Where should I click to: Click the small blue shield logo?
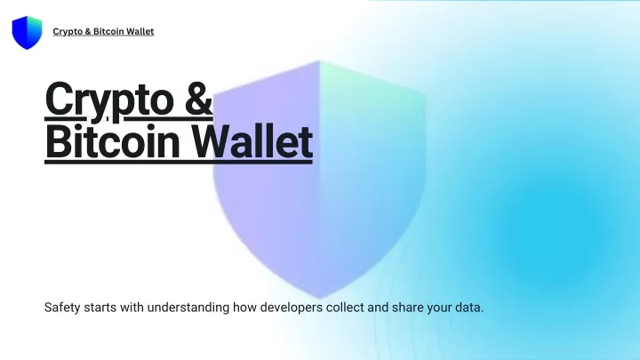point(27,33)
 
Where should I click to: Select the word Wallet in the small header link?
point(140,31)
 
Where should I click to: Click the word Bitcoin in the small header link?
point(108,31)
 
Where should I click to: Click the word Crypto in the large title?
point(109,100)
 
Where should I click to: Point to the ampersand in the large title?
point(198,99)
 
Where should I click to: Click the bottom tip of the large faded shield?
point(320,298)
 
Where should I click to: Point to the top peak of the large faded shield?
point(320,61)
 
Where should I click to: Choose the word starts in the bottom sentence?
point(100,308)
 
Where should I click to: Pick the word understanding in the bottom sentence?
point(188,308)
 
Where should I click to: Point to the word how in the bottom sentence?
point(244,308)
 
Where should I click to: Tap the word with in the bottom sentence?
point(132,308)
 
